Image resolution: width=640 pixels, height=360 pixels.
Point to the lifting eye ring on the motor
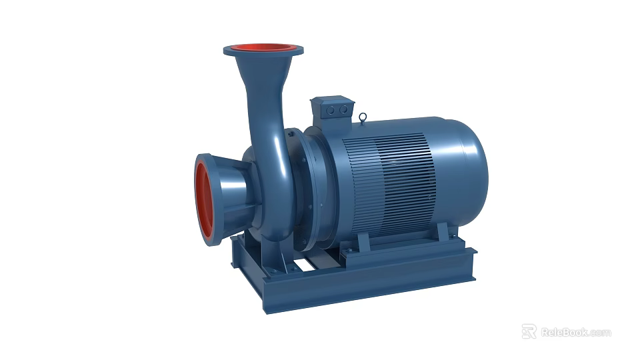[x=362, y=119]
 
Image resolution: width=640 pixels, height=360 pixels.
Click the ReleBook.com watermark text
[x=575, y=332]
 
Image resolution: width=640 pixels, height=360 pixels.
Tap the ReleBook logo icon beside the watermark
[x=529, y=331]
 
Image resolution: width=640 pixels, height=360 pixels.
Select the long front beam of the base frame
[x=373, y=280]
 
